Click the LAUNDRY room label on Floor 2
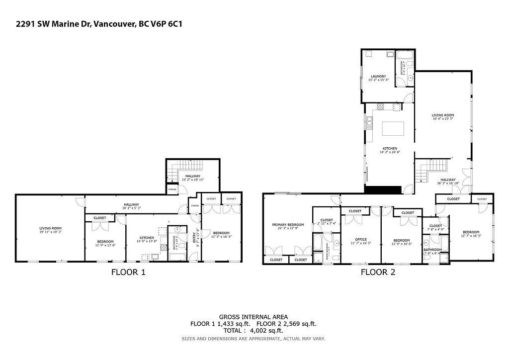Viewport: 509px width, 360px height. pos(378,76)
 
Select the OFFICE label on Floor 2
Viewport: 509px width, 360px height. pos(360,239)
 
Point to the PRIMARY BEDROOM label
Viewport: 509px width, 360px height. pos(288,224)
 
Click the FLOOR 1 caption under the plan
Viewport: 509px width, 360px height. pos(128,272)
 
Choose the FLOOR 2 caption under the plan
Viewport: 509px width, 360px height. pos(378,272)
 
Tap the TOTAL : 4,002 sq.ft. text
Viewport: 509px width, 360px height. pos(254,330)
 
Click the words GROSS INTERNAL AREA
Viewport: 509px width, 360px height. pos(254,317)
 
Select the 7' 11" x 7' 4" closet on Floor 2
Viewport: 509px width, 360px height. pos(327,223)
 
